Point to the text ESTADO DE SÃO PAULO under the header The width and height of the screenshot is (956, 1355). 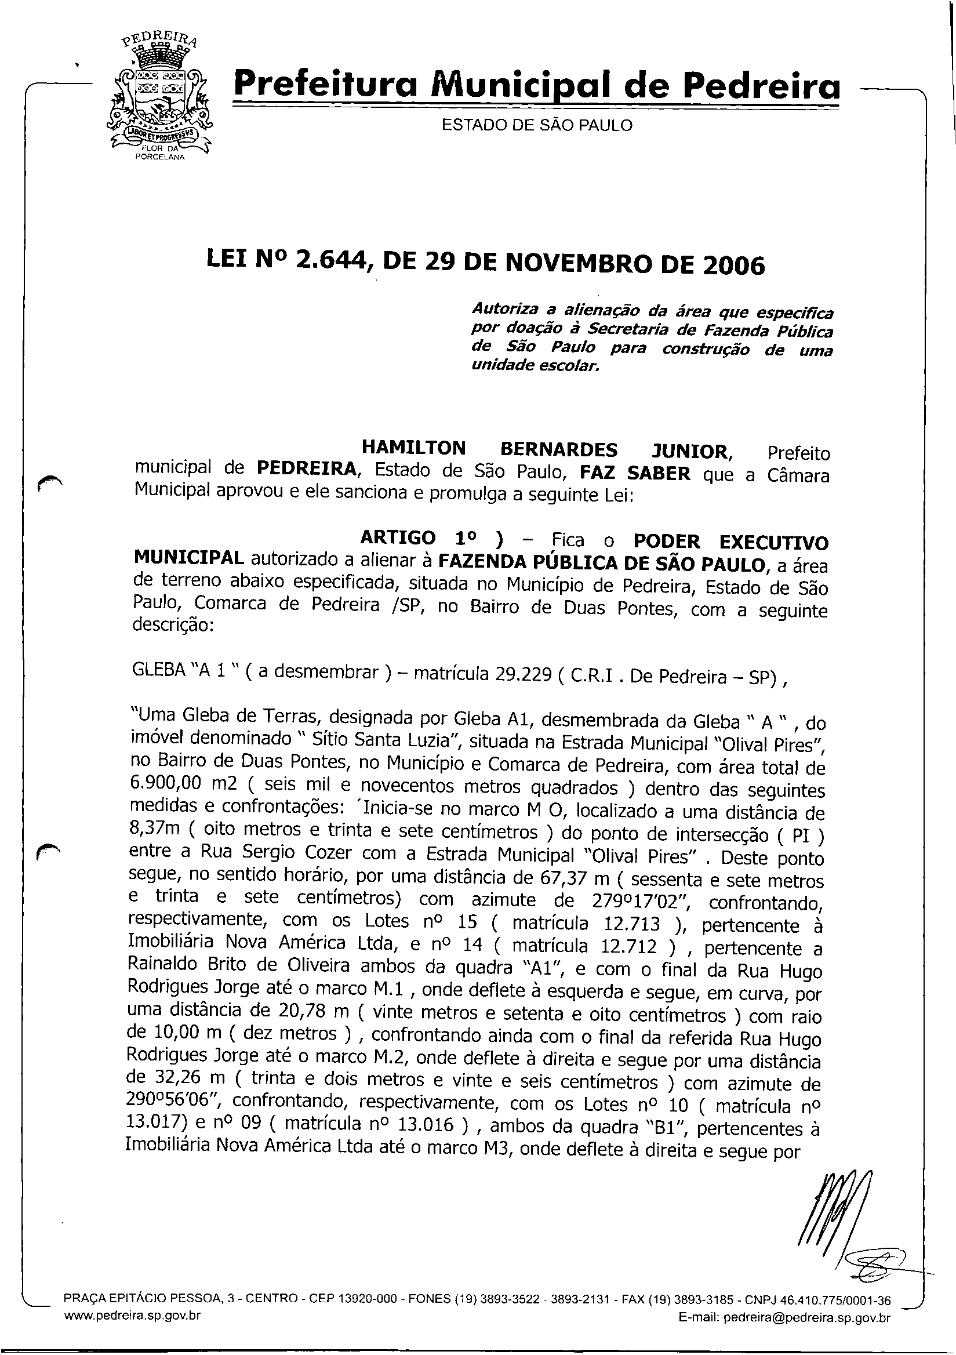point(537,125)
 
